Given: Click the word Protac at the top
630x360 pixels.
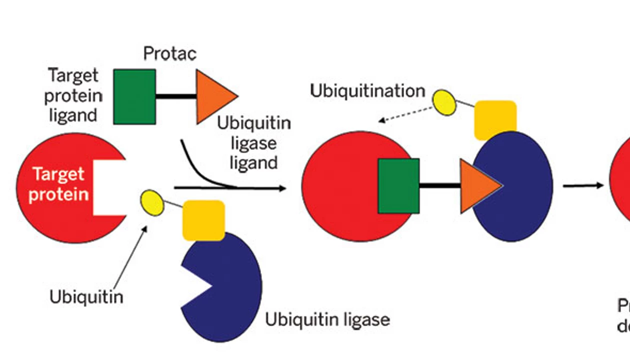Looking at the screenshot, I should pyautogui.click(x=169, y=53).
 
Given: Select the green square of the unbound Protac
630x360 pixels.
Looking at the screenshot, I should pyautogui.click(x=134, y=96).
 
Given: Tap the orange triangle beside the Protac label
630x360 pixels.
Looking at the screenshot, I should pyautogui.click(x=212, y=96).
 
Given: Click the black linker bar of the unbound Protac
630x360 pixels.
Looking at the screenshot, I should pyautogui.click(x=175, y=96).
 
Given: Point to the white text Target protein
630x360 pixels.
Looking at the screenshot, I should pyautogui.click(x=58, y=184).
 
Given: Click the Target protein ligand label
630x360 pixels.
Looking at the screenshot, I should pyautogui.click(x=73, y=95).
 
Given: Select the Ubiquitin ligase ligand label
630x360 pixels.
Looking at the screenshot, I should pyautogui.click(x=253, y=143).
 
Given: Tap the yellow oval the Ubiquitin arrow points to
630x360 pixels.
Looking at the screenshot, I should pyautogui.click(x=152, y=202).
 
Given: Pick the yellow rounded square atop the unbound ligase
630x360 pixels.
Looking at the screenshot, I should pyautogui.click(x=203, y=220).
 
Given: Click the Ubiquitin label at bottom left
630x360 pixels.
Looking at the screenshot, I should pyautogui.click(x=86, y=297).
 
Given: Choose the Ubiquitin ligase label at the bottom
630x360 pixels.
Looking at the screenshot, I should pyautogui.click(x=327, y=319).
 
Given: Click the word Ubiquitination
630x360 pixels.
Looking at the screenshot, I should pyautogui.click(x=367, y=91).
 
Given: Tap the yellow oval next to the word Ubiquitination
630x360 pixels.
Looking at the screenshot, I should pyautogui.click(x=444, y=102).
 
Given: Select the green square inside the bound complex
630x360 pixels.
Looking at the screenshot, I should pyautogui.click(x=398, y=186).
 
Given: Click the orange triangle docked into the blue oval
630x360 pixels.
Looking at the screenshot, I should pyautogui.click(x=477, y=186).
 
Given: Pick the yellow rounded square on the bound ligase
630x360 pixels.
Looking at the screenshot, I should pyautogui.click(x=495, y=119).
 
